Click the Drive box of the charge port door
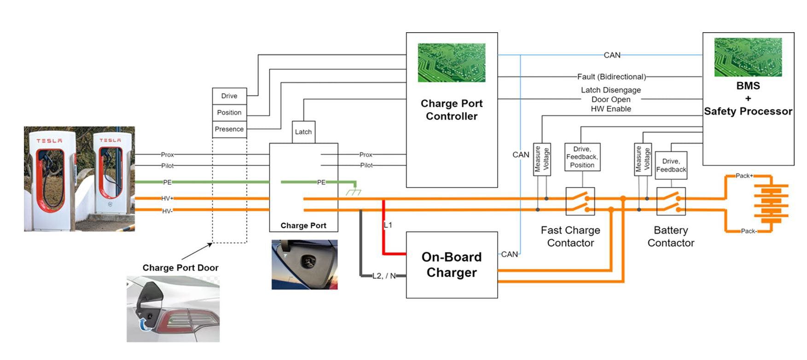tap(229, 96)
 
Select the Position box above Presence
tap(229, 112)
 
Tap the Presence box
tap(229, 129)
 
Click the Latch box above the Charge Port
tap(303, 132)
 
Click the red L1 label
tap(388, 225)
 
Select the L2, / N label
tap(384, 276)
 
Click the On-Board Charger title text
tap(452, 265)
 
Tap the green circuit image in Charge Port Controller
tap(452, 63)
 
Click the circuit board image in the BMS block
tap(748, 57)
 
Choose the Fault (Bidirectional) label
tap(611, 77)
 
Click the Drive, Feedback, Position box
tap(582, 157)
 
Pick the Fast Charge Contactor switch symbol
tap(580, 201)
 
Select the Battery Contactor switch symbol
tap(671, 201)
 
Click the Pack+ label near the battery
tap(744, 176)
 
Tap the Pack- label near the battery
tap(749, 231)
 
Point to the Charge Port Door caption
tap(180, 268)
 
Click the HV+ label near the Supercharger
tap(167, 198)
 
